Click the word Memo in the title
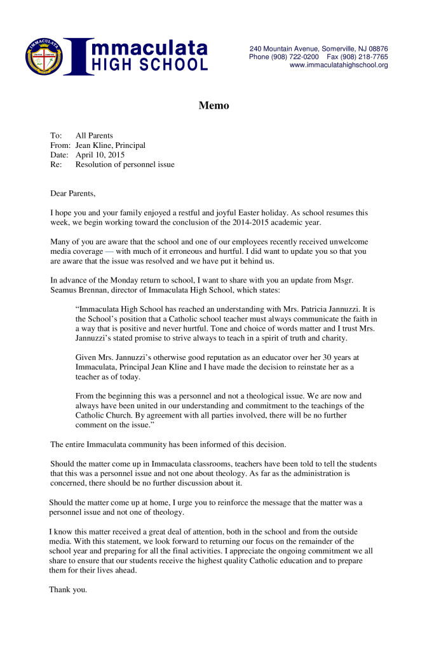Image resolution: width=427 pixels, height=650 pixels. click(x=213, y=105)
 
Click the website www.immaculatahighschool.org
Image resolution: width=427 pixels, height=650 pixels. click(x=339, y=65)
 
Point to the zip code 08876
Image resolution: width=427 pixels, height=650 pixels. click(x=377, y=49)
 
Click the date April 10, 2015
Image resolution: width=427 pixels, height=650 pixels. click(x=100, y=155)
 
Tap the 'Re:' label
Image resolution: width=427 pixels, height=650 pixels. click(x=56, y=164)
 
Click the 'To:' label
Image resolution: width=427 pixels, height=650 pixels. click(x=56, y=136)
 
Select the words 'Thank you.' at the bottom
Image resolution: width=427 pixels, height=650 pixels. click(x=68, y=590)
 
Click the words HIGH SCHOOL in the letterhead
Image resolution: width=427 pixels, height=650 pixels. click(x=150, y=65)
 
